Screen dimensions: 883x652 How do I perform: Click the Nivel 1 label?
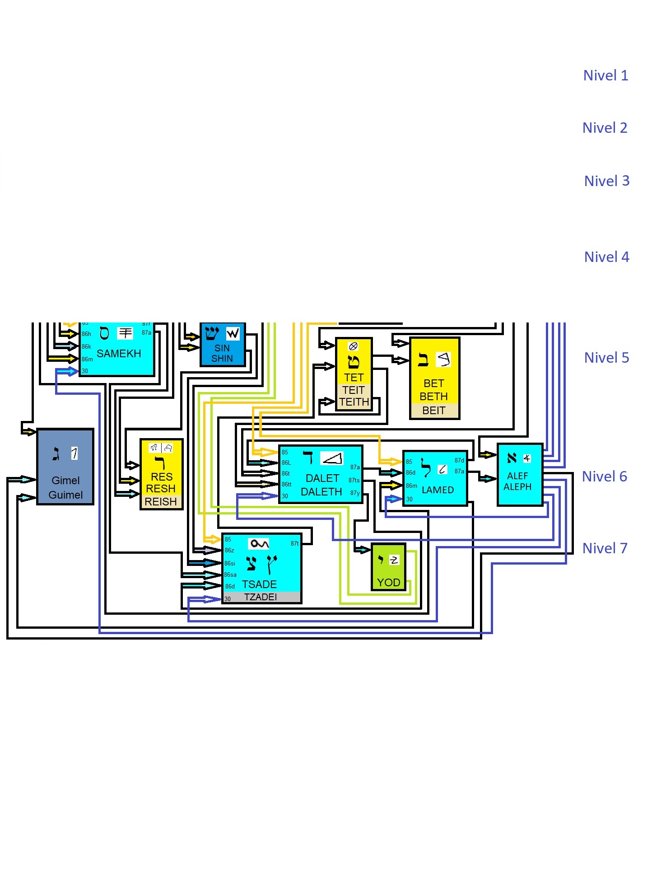point(605,75)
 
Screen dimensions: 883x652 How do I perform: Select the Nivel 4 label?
point(606,257)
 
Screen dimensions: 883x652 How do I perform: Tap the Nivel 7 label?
point(605,548)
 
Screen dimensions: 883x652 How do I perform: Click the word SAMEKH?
point(119,354)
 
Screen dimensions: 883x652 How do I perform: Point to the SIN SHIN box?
point(223,345)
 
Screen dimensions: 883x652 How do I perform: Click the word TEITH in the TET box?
point(354,402)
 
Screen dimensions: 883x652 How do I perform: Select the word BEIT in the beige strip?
point(434,411)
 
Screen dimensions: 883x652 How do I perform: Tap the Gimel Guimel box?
point(65,467)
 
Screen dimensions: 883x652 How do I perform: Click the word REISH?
point(161,502)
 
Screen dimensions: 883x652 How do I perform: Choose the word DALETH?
point(321,492)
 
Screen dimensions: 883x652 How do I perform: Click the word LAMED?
point(438,490)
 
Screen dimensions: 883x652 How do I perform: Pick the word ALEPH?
point(517,487)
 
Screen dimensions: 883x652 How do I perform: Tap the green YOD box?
point(388,567)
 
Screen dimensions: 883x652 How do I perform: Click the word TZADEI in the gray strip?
point(261,597)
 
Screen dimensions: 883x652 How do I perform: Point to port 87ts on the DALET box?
point(354,480)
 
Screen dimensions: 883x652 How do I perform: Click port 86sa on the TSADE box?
point(230,575)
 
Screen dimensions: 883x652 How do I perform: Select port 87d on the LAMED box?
point(459,461)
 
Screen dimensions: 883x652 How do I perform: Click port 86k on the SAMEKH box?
point(86,347)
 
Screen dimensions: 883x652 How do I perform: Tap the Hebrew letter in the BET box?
point(423,360)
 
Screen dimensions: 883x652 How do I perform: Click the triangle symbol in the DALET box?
point(332,458)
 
